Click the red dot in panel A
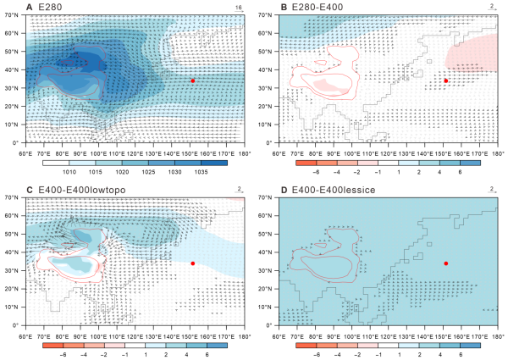192,80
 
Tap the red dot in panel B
446,80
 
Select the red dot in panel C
192,263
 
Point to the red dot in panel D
446,263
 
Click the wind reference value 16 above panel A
239,6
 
